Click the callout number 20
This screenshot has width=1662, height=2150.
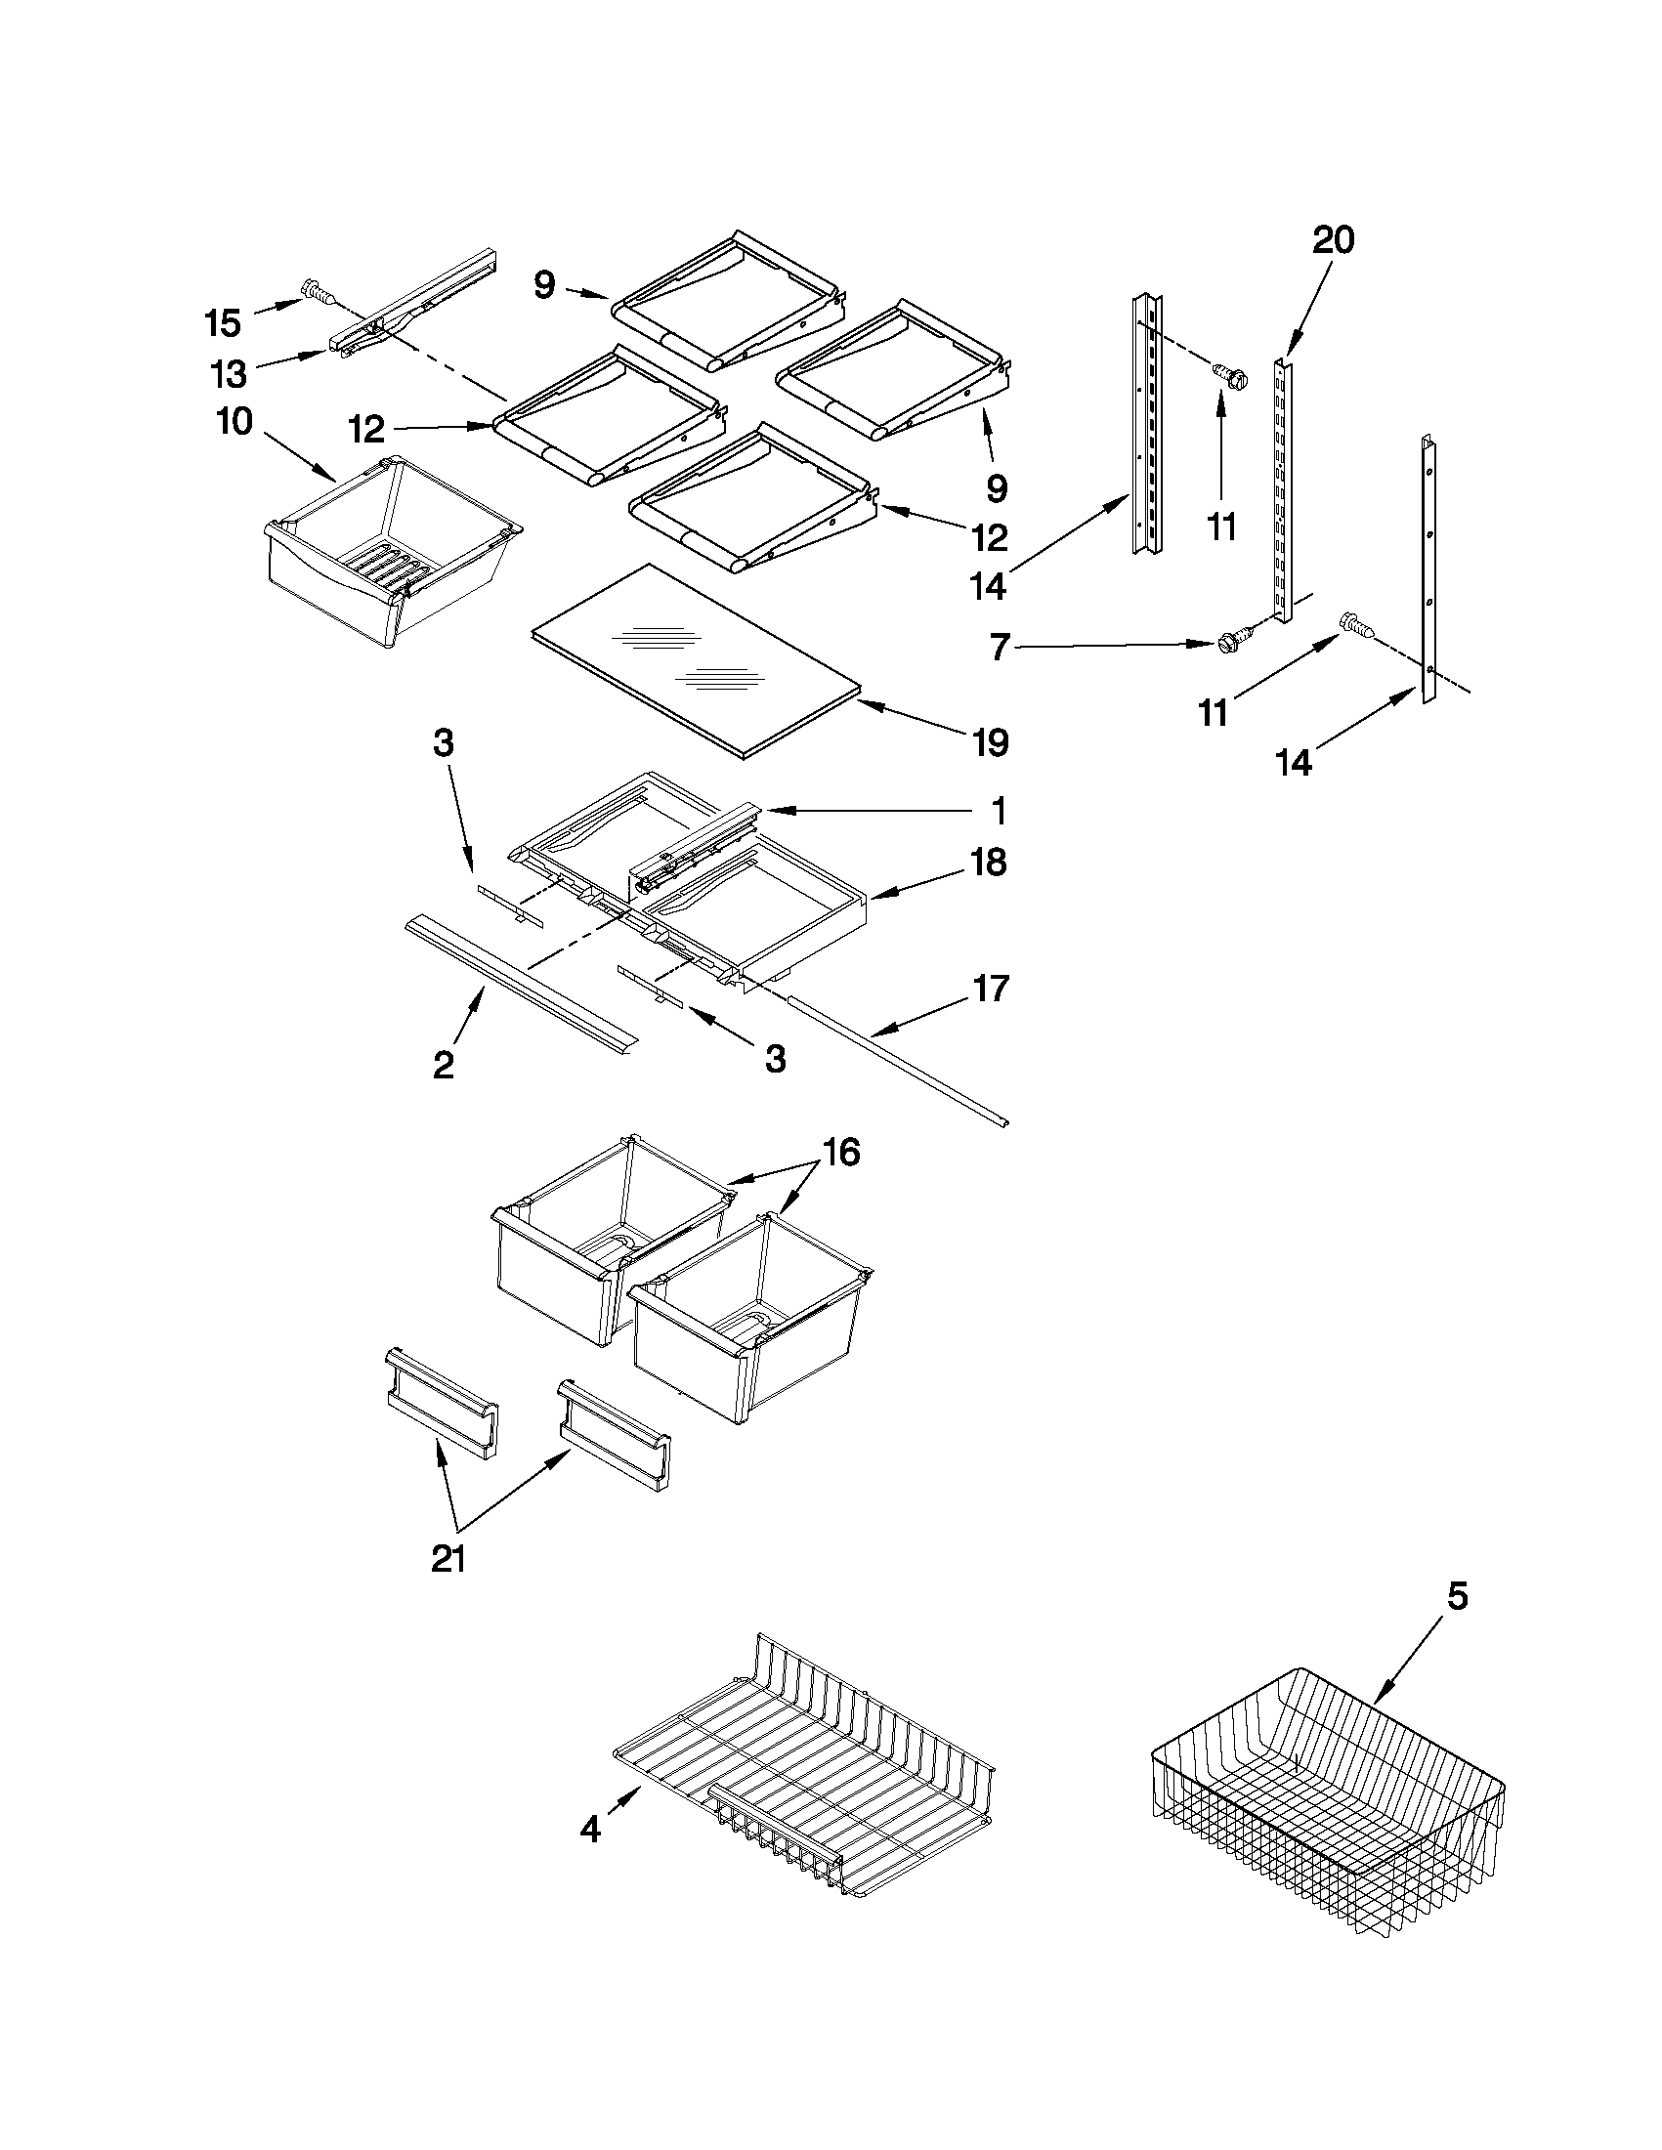[x=1333, y=240]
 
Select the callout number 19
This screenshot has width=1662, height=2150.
[x=990, y=742]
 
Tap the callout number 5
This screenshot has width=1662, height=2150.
[x=1457, y=1596]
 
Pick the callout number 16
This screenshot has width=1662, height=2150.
[x=840, y=1151]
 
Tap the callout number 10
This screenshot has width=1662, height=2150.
[x=234, y=422]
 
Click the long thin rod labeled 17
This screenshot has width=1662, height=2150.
[x=896, y=1062]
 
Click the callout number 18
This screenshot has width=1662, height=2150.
[x=988, y=863]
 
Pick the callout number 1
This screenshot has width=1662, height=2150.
[x=998, y=812]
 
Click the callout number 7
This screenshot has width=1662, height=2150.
[x=1000, y=649]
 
